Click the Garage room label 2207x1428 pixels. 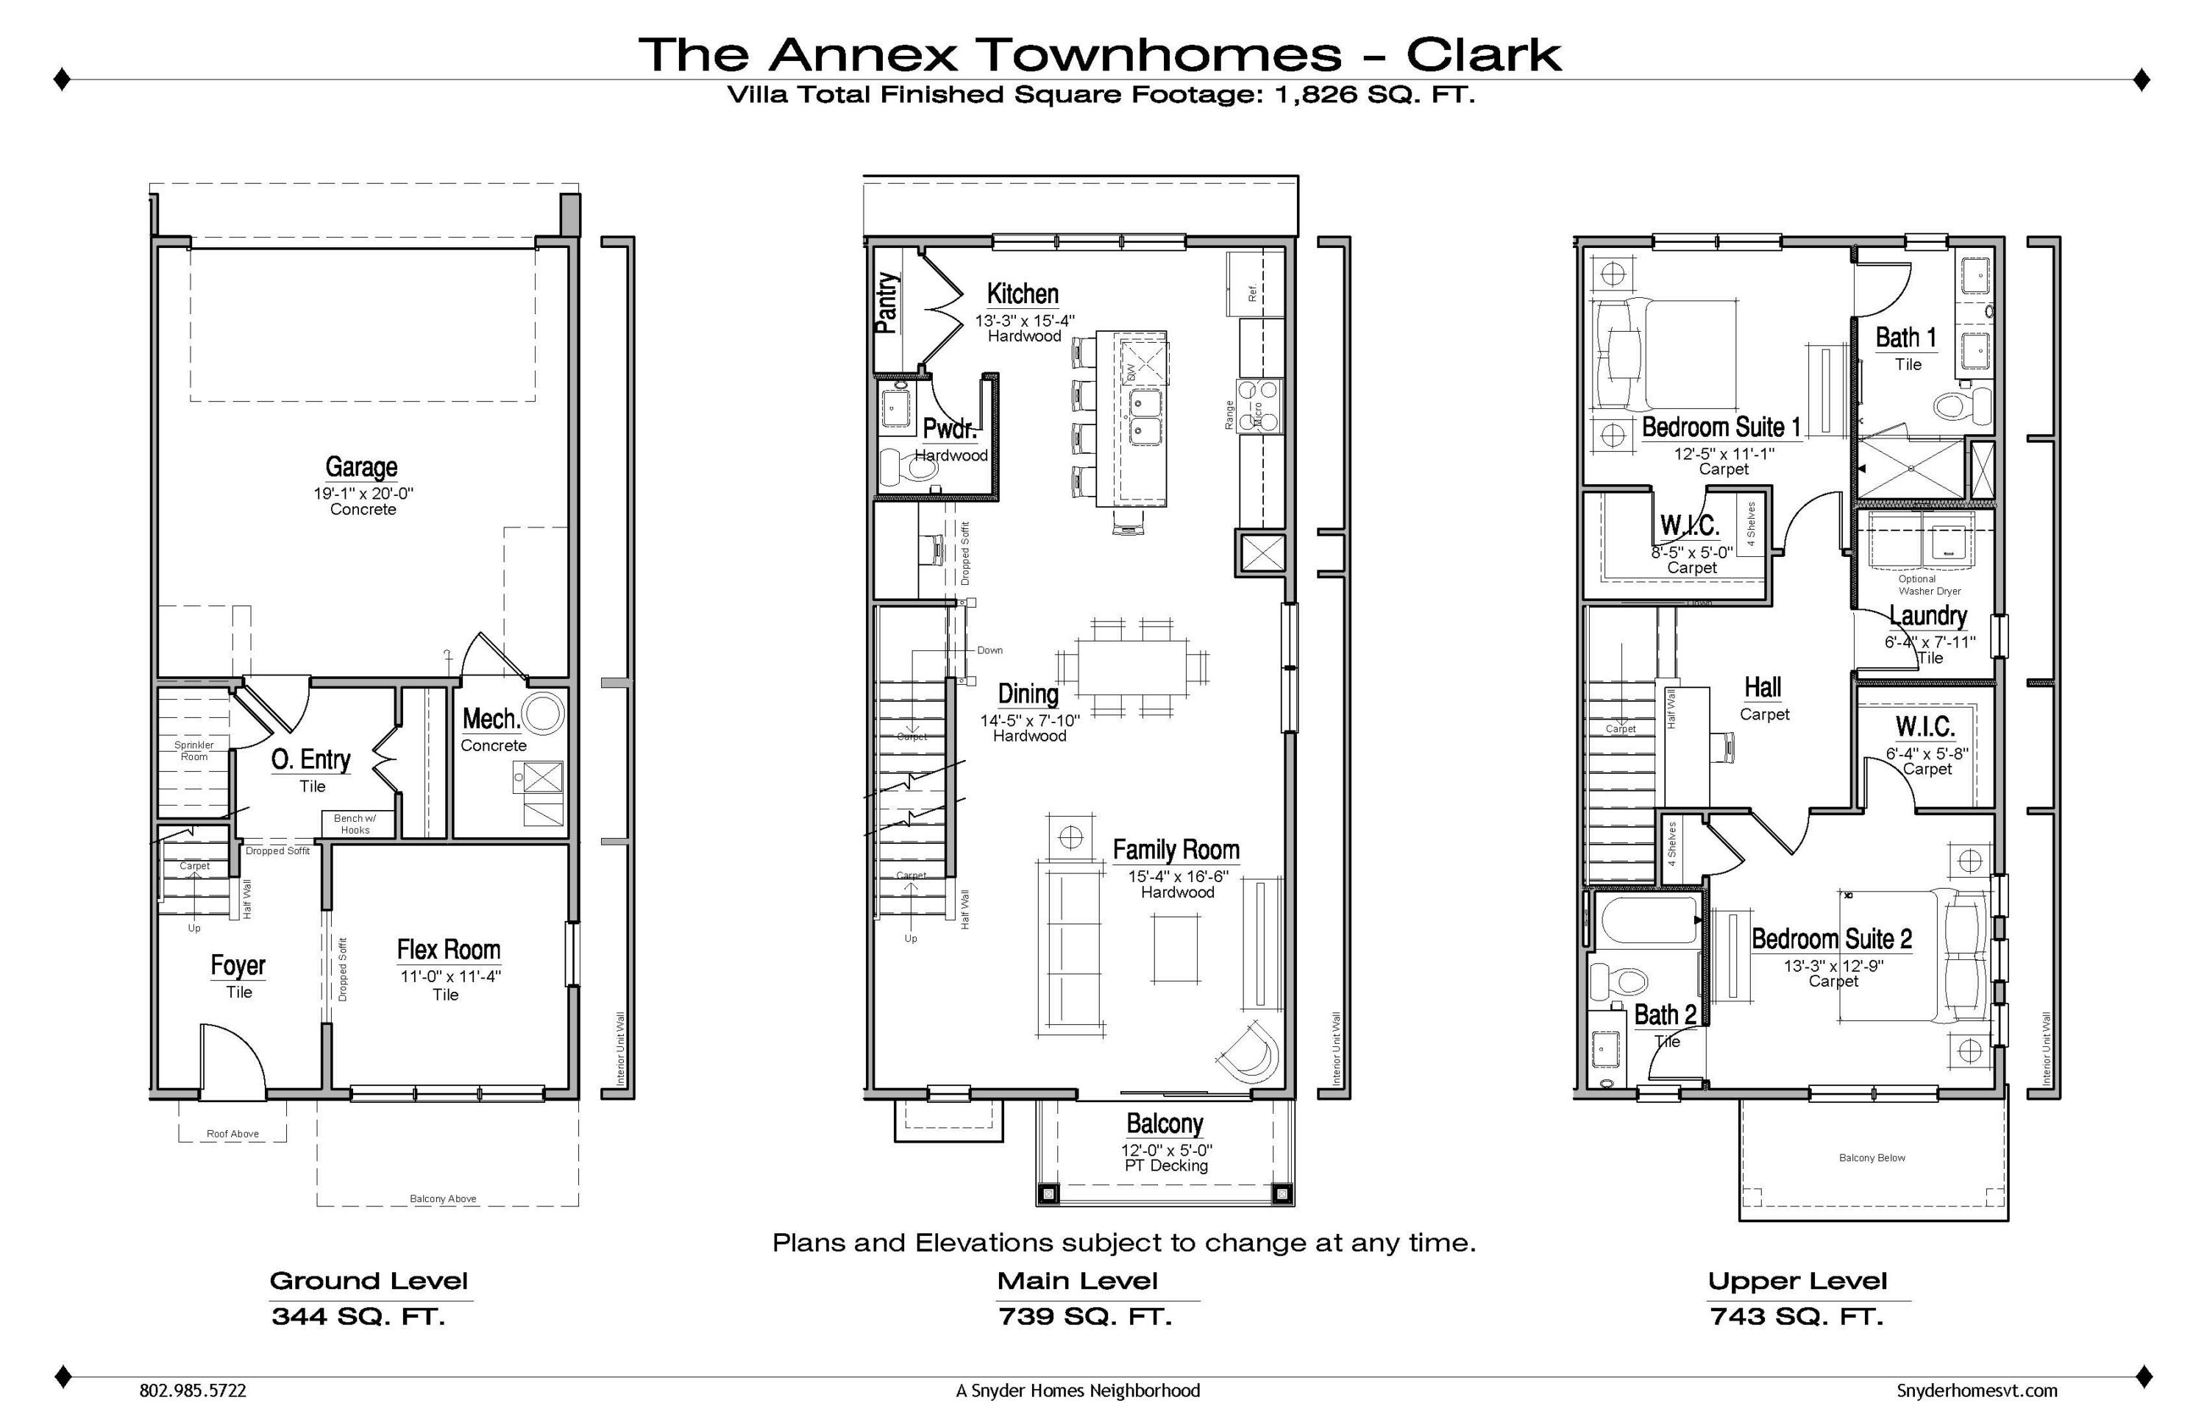(x=360, y=466)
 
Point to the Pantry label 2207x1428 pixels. (x=886, y=302)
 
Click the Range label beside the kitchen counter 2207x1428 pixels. (x=1229, y=414)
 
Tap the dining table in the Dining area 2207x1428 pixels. (x=1131, y=666)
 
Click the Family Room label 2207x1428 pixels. (x=1176, y=850)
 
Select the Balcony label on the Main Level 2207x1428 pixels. (x=1165, y=1124)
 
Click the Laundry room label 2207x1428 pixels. (x=1928, y=616)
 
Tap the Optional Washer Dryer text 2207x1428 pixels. (x=1929, y=585)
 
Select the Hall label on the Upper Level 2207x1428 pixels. (x=1762, y=687)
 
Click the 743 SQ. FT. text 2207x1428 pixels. (x=1796, y=1317)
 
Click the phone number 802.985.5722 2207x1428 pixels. (x=193, y=1391)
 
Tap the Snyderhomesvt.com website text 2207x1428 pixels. (x=1976, y=1391)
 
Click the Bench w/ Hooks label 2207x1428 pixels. (x=355, y=824)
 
